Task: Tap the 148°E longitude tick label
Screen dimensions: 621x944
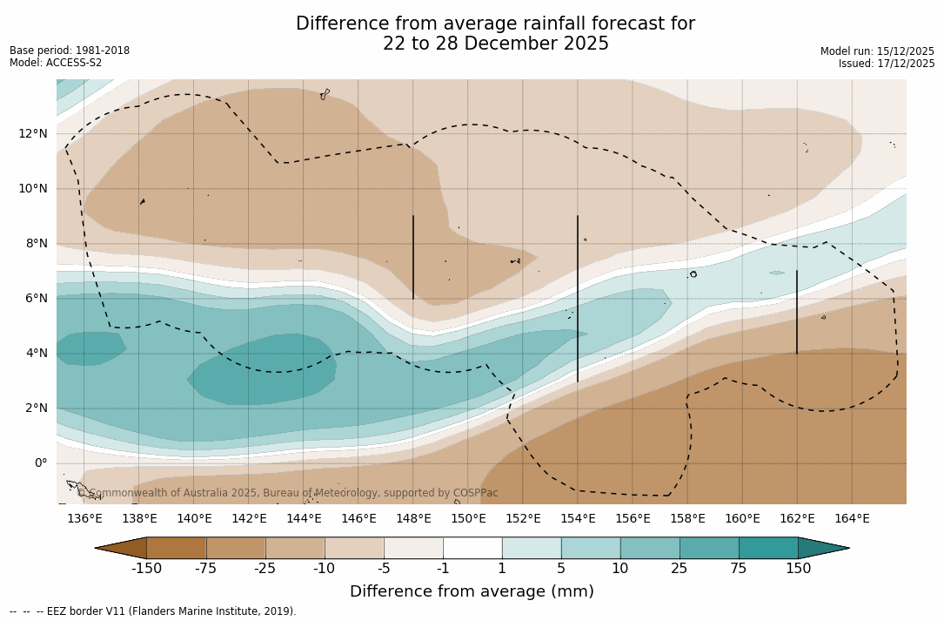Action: [x=413, y=519]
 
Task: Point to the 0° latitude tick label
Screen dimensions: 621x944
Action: [x=40, y=462]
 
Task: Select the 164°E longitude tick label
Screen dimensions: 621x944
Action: [x=852, y=519]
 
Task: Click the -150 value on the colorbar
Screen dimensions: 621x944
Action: [x=146, y=569]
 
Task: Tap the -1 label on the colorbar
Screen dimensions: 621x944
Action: [x=443, y=569]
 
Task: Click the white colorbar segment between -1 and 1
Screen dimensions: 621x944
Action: [x=472, y=548]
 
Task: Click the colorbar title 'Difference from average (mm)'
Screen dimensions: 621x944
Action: [x=472, y=592]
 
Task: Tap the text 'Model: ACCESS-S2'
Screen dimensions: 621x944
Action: [x=56, y=63]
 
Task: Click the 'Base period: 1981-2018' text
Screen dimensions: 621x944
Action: [x=70, y=51]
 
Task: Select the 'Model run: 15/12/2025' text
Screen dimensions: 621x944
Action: [x=877, y=51]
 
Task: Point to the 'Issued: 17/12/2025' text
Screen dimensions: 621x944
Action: [x=887, y=64]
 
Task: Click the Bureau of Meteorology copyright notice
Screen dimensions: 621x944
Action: [x=288, y=493]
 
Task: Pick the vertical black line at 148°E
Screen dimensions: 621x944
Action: [x=413, y=257]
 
